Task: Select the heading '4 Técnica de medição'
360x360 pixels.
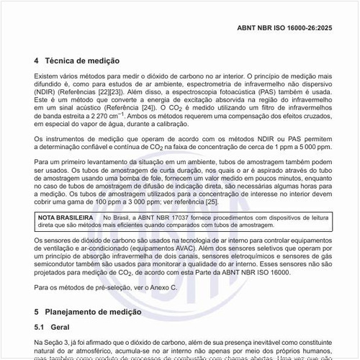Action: pyautogui.click(x=77, y=62)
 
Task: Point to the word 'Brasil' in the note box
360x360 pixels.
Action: pyautogui.click(x=122, y=217)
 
